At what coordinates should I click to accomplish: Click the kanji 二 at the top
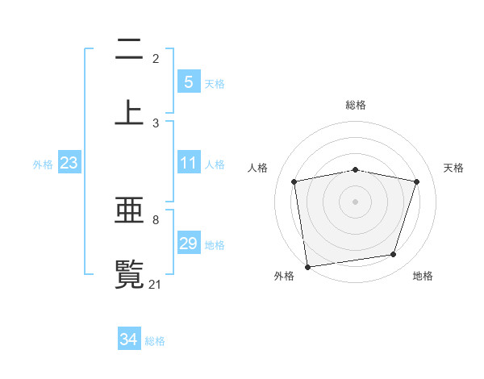click(x=129, y=52)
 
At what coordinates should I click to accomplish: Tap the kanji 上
click(x=129, y=110)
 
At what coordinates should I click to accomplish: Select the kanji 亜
click(x=129, y=212)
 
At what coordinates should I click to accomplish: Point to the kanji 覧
click(x=129, y=272)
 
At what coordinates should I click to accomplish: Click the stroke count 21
click(x=156, y=284)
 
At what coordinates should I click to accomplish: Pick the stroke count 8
click(x=156, y=219)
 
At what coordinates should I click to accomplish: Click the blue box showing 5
click(x=188, y=82)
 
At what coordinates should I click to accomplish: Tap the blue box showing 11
click(x=188, y=163)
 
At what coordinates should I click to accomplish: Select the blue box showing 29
click(x=188, y=244)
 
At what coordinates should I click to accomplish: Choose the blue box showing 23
click(x=69, y=163)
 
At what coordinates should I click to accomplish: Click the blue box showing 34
click(x=129, y=339)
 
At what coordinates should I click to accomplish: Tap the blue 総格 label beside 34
click(x=155, y=341)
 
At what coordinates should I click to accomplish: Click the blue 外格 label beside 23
click(x=43, y=165)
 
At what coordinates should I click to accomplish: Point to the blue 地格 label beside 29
click(x=215, y=245)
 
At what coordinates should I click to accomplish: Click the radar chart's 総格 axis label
click(x=356, y=105)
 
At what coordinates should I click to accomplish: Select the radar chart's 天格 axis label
click(x=454, y=168)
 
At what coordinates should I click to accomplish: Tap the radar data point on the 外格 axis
click(x=307, y=266)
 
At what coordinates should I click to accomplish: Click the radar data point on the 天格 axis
click(x=417, y=181)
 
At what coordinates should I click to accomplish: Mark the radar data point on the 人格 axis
click(x=294, y=181)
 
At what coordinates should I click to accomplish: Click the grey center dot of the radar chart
click(x=356, y=201)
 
